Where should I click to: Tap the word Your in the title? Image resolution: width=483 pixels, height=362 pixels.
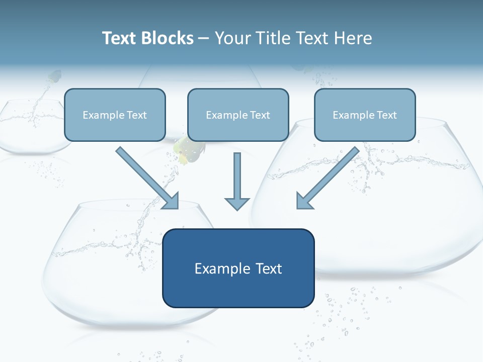click(x=233, y=38)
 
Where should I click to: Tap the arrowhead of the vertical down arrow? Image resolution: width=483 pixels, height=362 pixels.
click(x=237, y=204)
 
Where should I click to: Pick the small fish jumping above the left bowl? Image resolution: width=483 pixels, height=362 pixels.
click(x=54, y=77)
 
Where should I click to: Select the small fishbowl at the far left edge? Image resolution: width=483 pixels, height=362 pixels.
click(x=30, y=126)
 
